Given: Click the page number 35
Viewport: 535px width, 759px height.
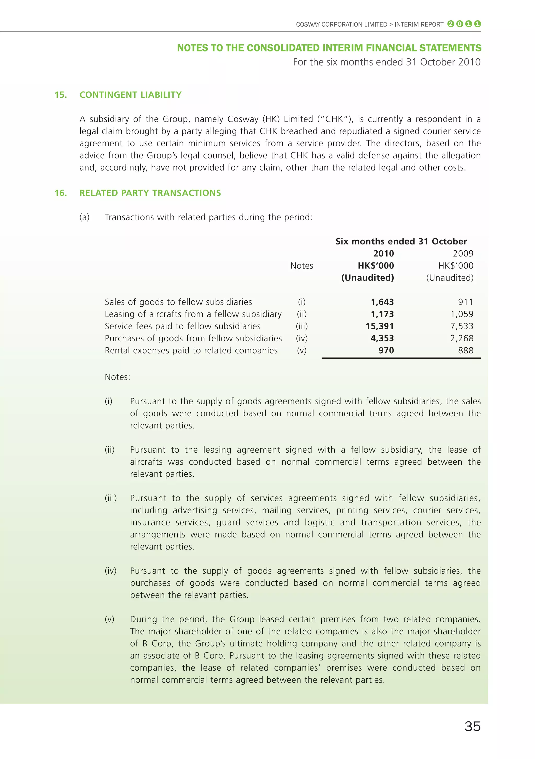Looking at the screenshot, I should pyautogui.click(x=472, y=726).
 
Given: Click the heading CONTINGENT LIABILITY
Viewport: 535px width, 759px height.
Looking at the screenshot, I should pyautogui.click(x=130, y=95).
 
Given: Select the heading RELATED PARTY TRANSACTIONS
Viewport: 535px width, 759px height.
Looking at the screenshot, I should pyautogui.click(x=150, y=193).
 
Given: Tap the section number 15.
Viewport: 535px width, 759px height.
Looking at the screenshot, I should pyautogui.click(x=61, y=95).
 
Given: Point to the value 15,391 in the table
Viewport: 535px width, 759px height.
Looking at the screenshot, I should pyautogui.click(x=380, y=326).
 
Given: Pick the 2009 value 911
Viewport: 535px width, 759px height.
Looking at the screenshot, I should pyautogui.click(x=466, y=302).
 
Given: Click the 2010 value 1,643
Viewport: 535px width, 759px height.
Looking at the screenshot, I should pyautogui.click(x=382, y=302).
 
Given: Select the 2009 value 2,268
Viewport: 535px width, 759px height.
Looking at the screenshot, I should pyautogui.click(x=462, y=338).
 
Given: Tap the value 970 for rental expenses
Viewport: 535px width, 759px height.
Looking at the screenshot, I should pyautogui.click(x=386, y=351).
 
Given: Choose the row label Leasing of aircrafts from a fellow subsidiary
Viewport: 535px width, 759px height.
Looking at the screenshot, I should pyautogui.click(x=193, y=314).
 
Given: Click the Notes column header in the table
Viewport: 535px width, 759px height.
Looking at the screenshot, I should pyautogui.click(x=301, y=266).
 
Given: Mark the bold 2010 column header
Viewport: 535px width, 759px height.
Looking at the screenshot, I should pyautogui.click(x=383, y=254).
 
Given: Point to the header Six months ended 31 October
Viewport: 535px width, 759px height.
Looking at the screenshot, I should pyautogui.click(x=401, y=241).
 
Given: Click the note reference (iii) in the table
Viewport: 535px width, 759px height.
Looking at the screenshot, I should pyautogui.click(x=301, y=326).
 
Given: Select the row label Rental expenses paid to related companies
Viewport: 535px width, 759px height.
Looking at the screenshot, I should pyautogui.click(x=191, y=351).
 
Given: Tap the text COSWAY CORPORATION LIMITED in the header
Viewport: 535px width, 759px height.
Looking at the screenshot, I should pyautogui.click(x=341, y=25).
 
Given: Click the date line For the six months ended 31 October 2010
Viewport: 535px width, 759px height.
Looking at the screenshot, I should pyautogui.click(x=387, y=62).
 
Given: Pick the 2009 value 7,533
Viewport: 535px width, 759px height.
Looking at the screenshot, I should pyautogui.click(x=462, y=326).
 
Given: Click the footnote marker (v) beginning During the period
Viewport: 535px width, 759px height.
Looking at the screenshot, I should pyautogui.click(x=109, y=619).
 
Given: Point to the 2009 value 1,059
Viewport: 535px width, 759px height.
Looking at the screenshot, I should pyautogui.click(x=462, y=314).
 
